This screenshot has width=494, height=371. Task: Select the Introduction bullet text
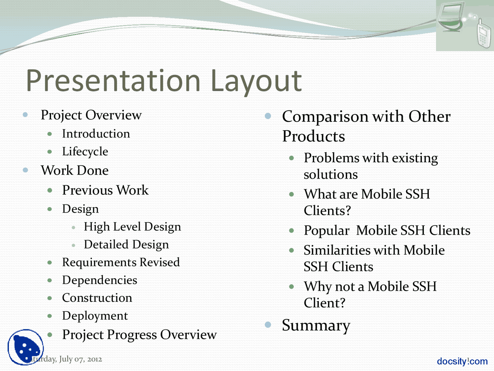pyautogui.click(x=96, y=134)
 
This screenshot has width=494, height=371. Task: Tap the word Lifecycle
pyautogui.click(x=85, y=151)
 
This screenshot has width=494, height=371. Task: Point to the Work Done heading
pyautogui.click(x=74, y=170)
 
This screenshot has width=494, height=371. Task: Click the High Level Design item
pyautogui.click(x=132, y=227)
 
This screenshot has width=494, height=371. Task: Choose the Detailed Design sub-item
pyautogui.click(x=126, y=245)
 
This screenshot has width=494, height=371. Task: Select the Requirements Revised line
pyautogui.click(x=121, y=262)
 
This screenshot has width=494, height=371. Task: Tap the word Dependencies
pyautogui.click(x=100, y=280)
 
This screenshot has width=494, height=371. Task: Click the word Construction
pyautogui.click(x=97, y=298)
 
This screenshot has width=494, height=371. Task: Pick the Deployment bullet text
pyautogui.click(x=95, y=316)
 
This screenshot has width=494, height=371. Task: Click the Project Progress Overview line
pyautogui.click(x=139, y=335)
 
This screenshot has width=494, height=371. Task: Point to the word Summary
pyautogui.click(x=316, y=325)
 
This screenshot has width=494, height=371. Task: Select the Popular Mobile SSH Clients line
pyautogui.click(x=387, y=231)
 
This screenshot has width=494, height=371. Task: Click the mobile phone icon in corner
pyautogui.click(x=483, y=34)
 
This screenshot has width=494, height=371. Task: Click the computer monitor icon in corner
pyautogui.click(x=451, y=17)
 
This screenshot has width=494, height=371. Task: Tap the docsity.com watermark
pyautogui.click(x=462, y=361)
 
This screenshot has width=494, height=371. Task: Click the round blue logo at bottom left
pyautogui.click(x=25, y=347)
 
